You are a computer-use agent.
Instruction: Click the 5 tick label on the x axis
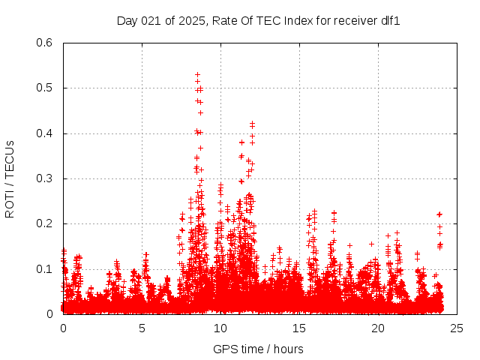(142, 328)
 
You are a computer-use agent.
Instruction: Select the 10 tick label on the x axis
(220, 328)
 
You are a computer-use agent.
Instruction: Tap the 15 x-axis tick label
(299, 328)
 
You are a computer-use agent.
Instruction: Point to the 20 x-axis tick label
(378, 328)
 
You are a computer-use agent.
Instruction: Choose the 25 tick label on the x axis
(457, 328)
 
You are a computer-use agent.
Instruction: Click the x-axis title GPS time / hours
(258, 349)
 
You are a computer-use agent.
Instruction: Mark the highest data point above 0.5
(197, 74)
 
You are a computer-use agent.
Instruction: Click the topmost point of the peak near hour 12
(253, 123)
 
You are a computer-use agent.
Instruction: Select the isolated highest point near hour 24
(439, 214)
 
